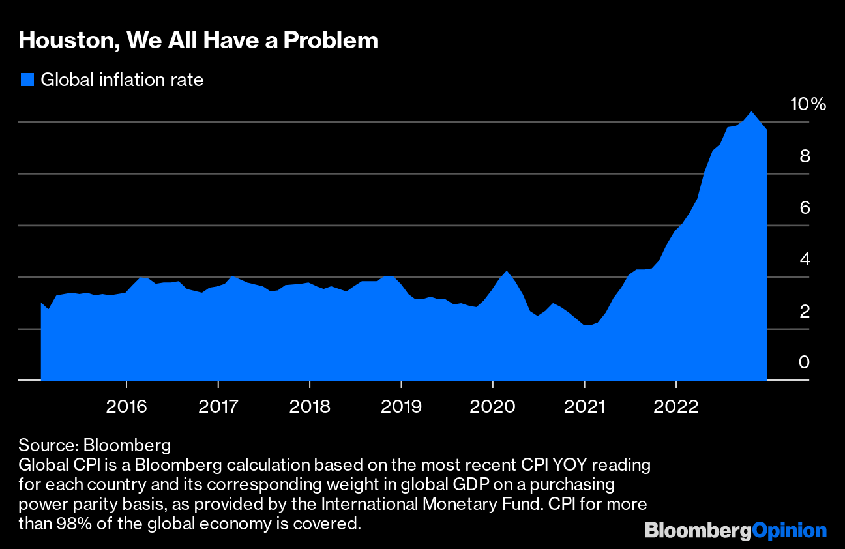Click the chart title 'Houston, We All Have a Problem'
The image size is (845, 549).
(198, 40)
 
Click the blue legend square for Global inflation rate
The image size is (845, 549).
(27, 80)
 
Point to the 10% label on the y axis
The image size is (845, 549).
(807, 104)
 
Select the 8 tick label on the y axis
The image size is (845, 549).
(804, 156)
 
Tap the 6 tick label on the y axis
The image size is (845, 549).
(804, 208)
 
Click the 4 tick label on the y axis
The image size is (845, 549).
(804, 260)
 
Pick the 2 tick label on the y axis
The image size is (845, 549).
(804, 311)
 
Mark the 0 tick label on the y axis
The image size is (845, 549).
(804, 363)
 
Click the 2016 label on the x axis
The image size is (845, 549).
(126, 407)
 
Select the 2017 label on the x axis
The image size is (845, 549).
(218, 407)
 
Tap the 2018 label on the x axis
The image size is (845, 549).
(310, 407)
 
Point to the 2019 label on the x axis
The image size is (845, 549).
(401, 407)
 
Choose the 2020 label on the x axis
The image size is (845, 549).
(493, 407)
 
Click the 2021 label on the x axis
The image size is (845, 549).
(585, 407)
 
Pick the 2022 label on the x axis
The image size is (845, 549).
(677, 407)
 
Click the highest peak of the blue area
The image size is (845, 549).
(752, 112)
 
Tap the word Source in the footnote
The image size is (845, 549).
(46, 446)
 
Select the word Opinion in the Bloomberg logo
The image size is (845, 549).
(789, 531)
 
